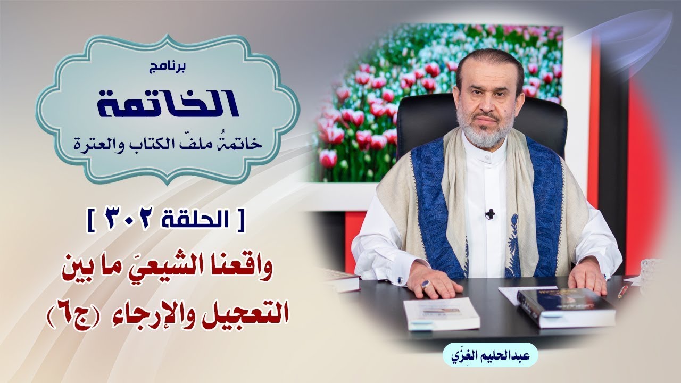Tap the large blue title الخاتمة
pyautogui.click(x=168, y=103)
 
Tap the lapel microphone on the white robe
pyautogui.click(x=490, y=213)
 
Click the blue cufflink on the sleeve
pyautogui.click(x=400, y=279)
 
